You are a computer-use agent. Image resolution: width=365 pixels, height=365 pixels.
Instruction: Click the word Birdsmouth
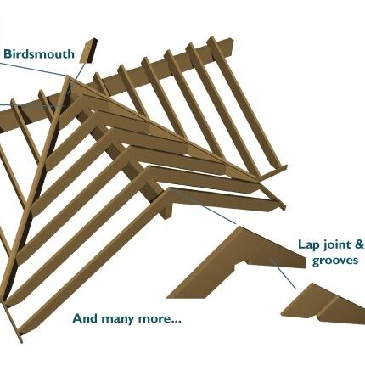tap(39, 53)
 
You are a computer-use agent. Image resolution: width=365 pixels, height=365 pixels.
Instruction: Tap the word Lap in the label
tap(306, 244)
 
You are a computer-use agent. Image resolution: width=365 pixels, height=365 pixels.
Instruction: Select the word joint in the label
tap(334, 245)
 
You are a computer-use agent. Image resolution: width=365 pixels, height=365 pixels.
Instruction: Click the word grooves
tap(335, 261)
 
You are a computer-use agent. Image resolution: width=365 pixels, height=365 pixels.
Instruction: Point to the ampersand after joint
tap(359, 244)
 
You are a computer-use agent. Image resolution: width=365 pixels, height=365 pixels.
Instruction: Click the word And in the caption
tap(86, 318)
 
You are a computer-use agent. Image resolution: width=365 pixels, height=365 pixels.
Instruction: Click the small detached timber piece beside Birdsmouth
tap(88, 51)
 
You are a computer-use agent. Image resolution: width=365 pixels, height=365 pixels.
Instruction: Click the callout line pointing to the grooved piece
tap(284, 274)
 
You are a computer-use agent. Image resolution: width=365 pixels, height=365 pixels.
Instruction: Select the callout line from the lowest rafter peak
tap(203, 206)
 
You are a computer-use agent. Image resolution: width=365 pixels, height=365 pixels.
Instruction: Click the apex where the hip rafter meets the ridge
tap(68, 78)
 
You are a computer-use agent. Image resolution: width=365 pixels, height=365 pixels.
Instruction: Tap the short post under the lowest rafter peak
tap(167, 211)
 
